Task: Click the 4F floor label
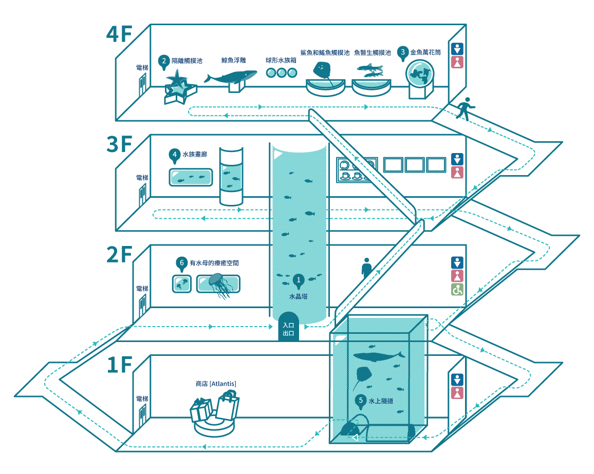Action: (x=119, y=35)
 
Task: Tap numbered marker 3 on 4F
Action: (x=403, y=52)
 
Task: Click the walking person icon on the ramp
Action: (x=465, y=108)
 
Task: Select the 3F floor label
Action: (x=119, y=146)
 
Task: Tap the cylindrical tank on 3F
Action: (x=231, y=176)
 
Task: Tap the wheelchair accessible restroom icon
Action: (x=457, y=290)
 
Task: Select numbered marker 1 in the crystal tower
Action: (x=298, y=280)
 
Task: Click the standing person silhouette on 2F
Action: (x=366, y=268)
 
